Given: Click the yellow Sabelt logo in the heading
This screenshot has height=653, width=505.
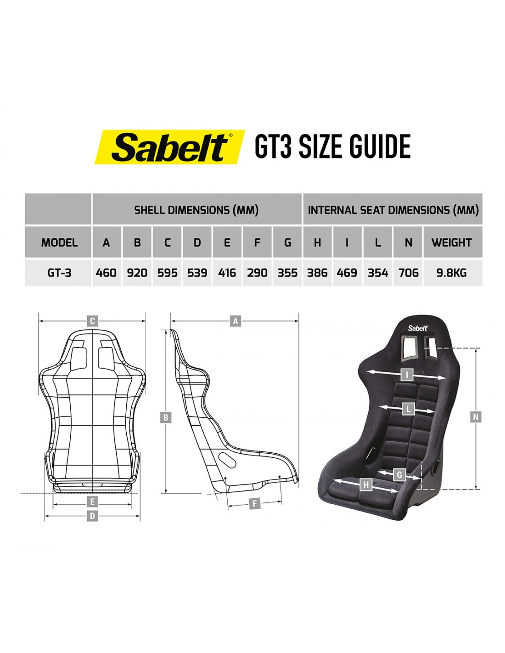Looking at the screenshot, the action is click(x=170, y=147).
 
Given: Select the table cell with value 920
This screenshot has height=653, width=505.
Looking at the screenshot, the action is click(x=137, y=273).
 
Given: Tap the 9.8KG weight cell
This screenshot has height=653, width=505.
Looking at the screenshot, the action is click(x=453, y=273).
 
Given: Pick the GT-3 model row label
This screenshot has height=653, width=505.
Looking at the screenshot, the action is click(x=59, y=273).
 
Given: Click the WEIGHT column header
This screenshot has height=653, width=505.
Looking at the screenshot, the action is click(x=453, y=242).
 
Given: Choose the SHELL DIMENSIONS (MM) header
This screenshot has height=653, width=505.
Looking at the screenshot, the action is click(x=196, y=210).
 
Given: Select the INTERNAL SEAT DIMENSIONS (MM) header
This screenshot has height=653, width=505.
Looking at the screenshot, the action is click(x=393, y=210).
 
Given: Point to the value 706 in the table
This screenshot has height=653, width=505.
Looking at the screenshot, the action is click(x=408, y=273).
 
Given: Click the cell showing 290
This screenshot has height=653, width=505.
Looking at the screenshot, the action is click(x=257, y=273).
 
